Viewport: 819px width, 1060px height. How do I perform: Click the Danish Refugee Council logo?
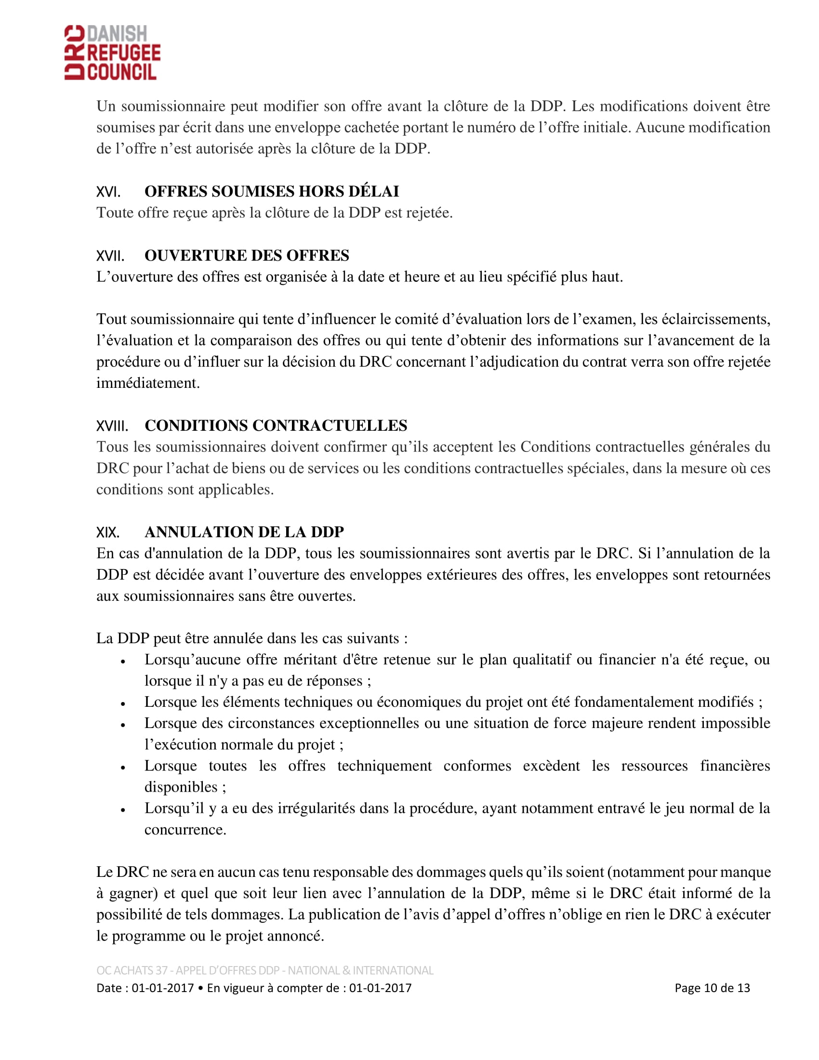click(113, 53)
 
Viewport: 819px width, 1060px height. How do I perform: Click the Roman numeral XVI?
click(108, 192)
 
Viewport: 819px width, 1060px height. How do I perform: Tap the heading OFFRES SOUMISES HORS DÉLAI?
click(272, 191)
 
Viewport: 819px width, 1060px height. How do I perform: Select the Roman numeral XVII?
click(110, 256)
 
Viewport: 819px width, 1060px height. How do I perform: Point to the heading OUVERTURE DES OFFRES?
click(247, 255)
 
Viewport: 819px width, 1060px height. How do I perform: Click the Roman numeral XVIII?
click(112, 426)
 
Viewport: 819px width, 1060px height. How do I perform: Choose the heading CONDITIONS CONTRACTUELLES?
click(276, 425)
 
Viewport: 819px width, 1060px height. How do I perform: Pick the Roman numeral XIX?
click(108, 532)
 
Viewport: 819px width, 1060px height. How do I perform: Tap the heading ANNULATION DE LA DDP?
click(244, 532)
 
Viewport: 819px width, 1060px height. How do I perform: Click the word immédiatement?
click(148, 383)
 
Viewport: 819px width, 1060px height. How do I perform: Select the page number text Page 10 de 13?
click(712, 988)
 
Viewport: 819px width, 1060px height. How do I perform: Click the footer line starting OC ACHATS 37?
click(264, 970)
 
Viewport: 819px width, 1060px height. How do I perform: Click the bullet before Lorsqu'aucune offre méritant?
click(123, 662)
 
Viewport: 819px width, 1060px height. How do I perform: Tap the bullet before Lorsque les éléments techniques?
click(123, 704)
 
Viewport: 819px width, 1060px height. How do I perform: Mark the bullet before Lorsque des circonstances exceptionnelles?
click(123, 725)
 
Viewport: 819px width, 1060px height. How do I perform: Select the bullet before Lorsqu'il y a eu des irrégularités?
click(123, 810)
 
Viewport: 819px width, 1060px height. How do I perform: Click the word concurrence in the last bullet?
click(185, 830)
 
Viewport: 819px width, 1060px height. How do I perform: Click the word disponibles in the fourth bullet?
click(181, 787)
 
